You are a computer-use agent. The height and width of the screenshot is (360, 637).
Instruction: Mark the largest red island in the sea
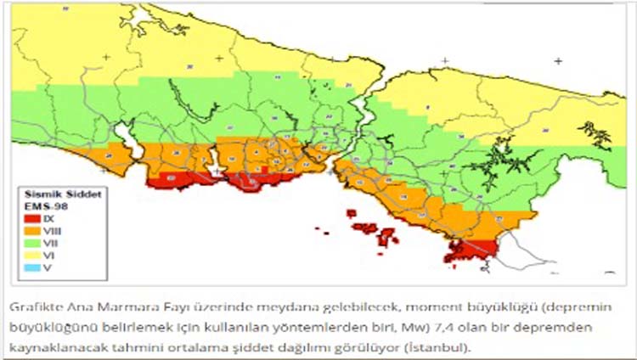[x=365, y=228]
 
